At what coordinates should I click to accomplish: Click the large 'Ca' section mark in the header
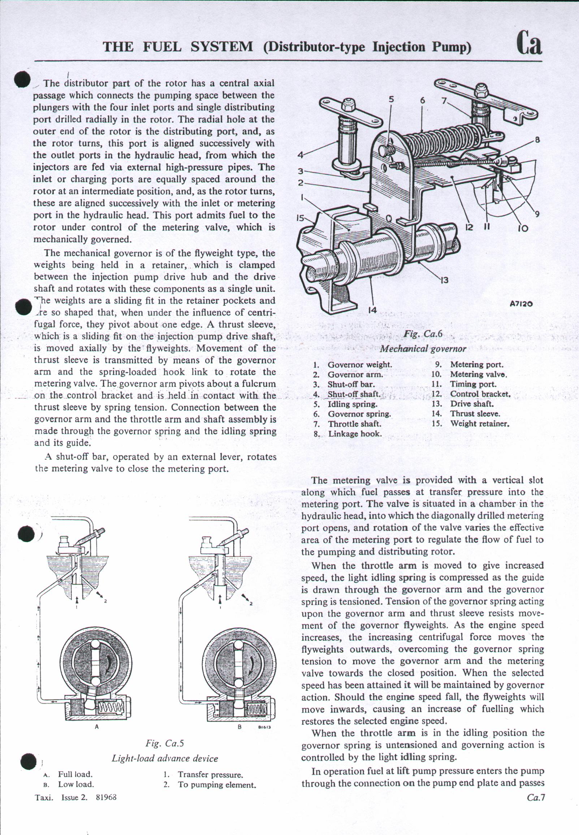click(530, 43)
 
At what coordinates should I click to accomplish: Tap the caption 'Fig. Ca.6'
click(423, 334)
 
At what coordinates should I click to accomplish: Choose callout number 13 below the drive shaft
click(444, 280)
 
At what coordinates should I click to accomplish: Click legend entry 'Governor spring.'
click(359, 414)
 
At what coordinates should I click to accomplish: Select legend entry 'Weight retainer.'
click(480, 423)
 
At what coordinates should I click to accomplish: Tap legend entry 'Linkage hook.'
click(354, 434)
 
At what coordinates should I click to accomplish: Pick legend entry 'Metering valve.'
click(478, 374)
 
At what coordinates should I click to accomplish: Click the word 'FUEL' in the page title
click(162, 47)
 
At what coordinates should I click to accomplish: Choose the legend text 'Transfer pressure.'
click(210, 775)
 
